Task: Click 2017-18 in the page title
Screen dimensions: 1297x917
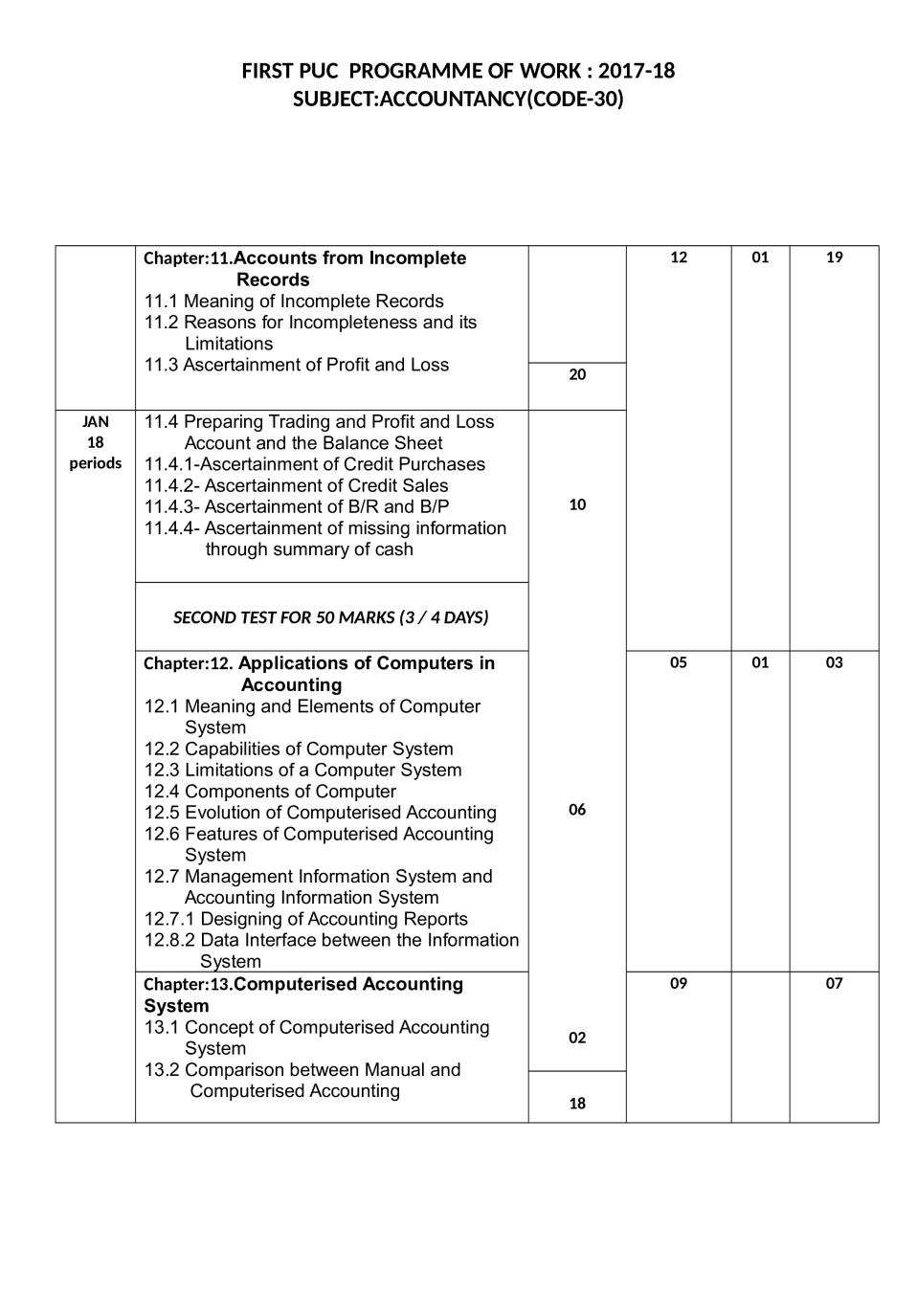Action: (637, 72)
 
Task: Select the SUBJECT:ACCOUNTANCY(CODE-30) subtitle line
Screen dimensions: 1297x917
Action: (458, 100)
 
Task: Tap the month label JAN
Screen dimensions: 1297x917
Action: (95, 422)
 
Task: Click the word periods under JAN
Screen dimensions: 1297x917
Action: (95, 463)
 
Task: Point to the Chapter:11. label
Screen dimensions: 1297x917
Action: (188, 258)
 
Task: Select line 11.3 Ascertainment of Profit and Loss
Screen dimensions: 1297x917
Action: (296, 365)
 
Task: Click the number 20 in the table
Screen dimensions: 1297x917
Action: (577, 375)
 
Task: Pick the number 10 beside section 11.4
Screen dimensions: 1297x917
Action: (577, 505)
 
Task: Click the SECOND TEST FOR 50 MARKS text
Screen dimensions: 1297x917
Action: (330, 617)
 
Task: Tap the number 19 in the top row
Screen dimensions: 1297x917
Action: (834, 257)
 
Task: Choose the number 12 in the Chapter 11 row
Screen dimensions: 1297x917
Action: (678, 257)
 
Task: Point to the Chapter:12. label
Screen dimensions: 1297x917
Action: (188, 663)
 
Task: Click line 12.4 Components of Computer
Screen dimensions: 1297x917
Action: (270, 792)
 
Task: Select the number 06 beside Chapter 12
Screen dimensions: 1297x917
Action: (577, 810)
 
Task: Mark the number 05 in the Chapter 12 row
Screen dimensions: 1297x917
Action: (678, 662)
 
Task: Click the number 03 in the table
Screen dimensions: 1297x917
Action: (834, 662)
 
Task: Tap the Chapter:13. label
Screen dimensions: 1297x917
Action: (188, 985)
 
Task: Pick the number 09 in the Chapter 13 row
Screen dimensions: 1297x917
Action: (678, 983)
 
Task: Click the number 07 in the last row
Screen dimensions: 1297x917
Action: (834, 983)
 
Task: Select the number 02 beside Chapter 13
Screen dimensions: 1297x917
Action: (577, 1038)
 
